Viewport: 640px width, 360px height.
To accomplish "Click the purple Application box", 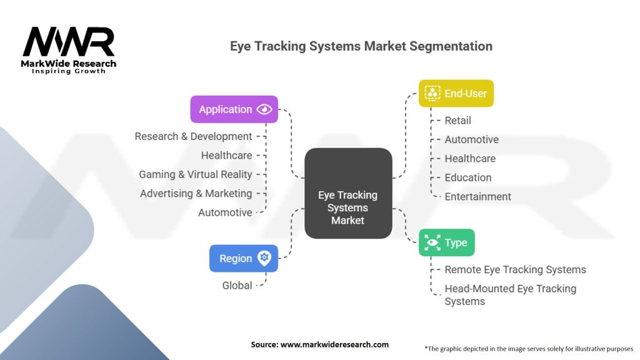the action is point(234,109).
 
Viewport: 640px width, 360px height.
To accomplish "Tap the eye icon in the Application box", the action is point(264,109).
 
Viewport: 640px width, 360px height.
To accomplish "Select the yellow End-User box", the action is point(456,94).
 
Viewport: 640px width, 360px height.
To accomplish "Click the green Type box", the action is point(446,242).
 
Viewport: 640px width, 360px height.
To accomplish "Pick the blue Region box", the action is point(244,258).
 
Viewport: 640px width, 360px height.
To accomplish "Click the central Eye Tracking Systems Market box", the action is point(348,193).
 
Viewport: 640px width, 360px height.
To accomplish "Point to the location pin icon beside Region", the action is point(264,258).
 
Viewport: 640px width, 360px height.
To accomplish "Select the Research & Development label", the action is point(193,136).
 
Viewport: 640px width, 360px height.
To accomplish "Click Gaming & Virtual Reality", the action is point(196,174).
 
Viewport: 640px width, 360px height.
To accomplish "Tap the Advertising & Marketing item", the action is point(196,194).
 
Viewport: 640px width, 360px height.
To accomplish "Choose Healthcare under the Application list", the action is point(226,156).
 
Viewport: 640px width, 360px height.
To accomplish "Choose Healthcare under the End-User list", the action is point(470,158).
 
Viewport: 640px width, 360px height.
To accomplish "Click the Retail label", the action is point(457,121).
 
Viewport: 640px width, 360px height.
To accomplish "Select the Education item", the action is point(467,177).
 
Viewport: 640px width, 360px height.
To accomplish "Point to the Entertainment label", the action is point(477,197).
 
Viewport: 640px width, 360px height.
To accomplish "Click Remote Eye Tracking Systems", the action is point(515,270).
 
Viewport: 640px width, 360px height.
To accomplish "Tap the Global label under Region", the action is point(237,286).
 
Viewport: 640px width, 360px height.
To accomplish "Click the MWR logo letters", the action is point(69,41).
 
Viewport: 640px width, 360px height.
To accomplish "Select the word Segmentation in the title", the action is point(451,46).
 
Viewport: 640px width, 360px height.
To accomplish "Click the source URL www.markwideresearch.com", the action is point(334,344).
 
